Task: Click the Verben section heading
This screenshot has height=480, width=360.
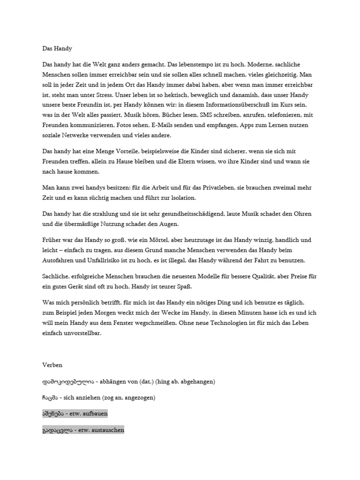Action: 52,365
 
